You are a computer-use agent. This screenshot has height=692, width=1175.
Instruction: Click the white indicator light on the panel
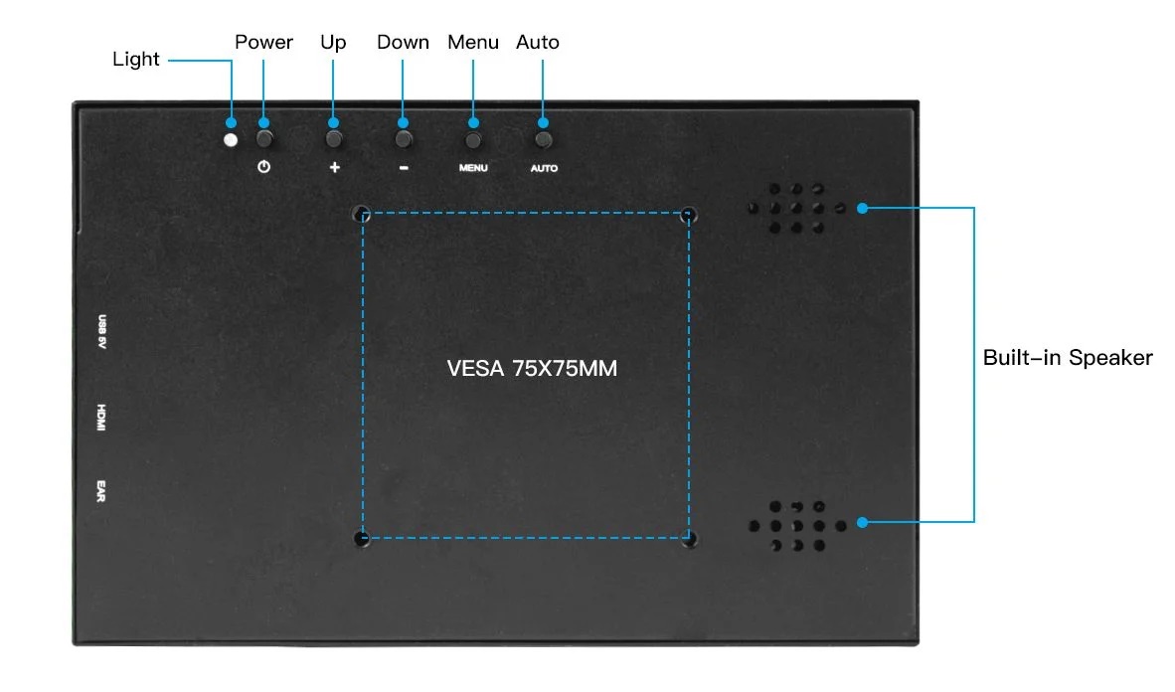pyautogui.click(x=232, y=139)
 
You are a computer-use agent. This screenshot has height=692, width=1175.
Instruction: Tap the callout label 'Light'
pyautogui.click(x=136, y=59)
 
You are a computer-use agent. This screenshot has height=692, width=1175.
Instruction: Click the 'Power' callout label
pyautogui.click(x=263, y=42)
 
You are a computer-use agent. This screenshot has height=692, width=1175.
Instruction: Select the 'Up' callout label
pyautogui.click(x=333, y=42)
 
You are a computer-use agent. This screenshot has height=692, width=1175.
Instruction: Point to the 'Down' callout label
pyautogui.click(x=403, y=42)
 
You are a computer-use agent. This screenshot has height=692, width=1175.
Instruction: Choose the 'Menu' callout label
pyautogui.click(x=472, y=42)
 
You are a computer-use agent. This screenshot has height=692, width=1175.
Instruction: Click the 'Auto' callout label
pyautogui.click(x=538, y=42)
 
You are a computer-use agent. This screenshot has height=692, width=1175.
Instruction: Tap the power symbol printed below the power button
pyautogui.click(x=263, y=167)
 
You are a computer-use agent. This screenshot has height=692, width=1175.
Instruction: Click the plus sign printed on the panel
pyautogui.click(x=334, y=167)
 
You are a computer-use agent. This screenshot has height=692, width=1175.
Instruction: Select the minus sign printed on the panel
pyautogui.click(x=404, y=167)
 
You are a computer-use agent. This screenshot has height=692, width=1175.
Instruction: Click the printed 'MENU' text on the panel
pyautogui.click(x=473, y=168)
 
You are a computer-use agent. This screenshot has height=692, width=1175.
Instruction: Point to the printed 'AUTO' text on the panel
pyautogui.click(x=544, y=168)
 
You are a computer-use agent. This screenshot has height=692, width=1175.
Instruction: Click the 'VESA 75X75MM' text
pyautogui.click(x=532, y=368)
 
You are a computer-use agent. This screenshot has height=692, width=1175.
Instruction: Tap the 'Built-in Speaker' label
pyautogui.click(x=1068, y=358)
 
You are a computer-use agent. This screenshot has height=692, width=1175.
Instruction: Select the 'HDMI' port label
pyautogui.click(x=101, y=418)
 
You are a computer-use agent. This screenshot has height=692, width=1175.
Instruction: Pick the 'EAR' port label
pyautogui.click(x=101, y=490)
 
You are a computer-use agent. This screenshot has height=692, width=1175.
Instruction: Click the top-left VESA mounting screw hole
pyautogui.click(x=363, y=212)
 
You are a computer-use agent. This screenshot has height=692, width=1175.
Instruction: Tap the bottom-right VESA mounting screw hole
pyautogui.click(x=689, y=539)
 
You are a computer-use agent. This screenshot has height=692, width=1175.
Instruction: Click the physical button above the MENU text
pyautogui.click(x=473, y=139)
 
